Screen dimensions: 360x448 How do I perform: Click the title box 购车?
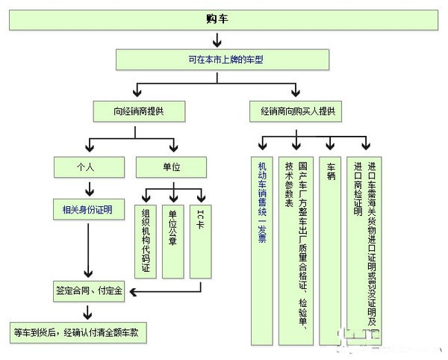click(x=223, y=19)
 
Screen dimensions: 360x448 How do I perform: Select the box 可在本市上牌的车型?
click(x=223, y=58)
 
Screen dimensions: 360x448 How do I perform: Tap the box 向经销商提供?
click(x=139, y=111)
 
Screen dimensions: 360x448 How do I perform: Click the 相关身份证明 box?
click(x=86, y=211)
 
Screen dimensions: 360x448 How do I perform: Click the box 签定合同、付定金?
click(x=89, y=290)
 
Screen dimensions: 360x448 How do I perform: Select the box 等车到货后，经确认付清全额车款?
click(x=78, y=332)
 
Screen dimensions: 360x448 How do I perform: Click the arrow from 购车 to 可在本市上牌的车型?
click(x=223, y=39)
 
